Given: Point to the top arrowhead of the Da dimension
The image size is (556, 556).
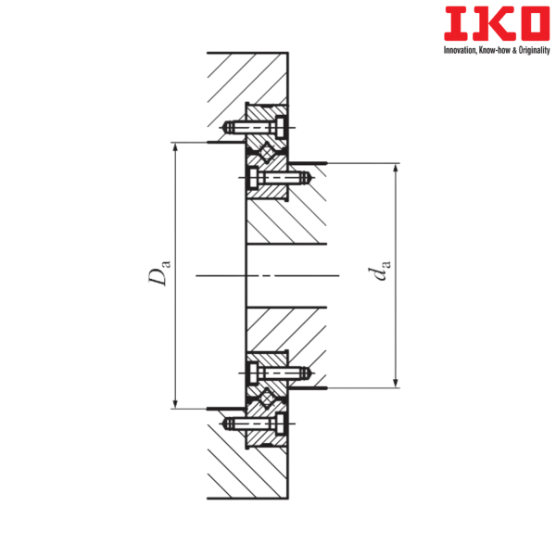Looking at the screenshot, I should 174,145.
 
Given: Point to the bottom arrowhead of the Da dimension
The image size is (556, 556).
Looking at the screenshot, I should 174,403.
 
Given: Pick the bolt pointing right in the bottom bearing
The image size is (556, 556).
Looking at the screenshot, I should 278,373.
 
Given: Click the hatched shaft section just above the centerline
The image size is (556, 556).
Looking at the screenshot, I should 287,222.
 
